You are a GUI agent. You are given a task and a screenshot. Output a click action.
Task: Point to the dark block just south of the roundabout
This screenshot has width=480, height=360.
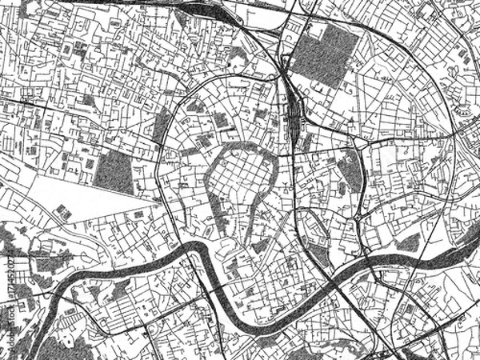[x=350, y=171]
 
